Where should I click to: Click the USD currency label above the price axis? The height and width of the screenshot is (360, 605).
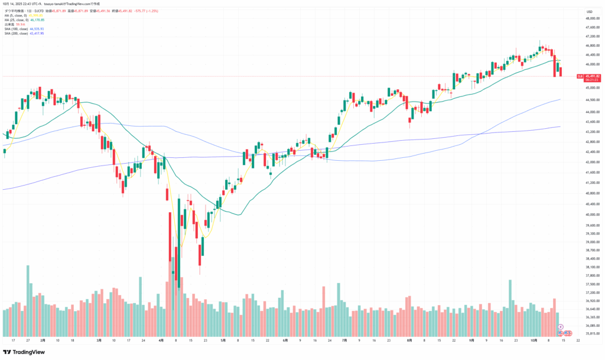589,11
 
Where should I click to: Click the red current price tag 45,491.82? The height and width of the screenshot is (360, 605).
591,76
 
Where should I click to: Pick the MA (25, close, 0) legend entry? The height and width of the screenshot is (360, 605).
17,20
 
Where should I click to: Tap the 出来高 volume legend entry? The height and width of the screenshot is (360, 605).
11,24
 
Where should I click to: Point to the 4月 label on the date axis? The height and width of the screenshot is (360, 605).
162,340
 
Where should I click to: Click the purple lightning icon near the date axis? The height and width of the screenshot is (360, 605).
560,327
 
